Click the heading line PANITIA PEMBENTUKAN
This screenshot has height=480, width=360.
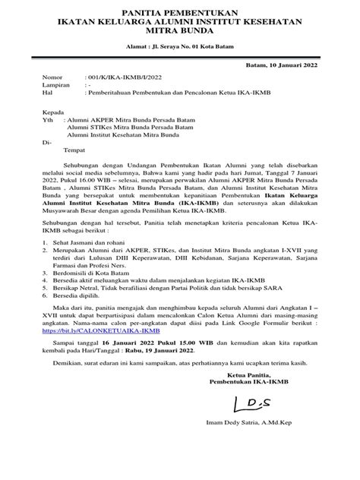tap(180, 13)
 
